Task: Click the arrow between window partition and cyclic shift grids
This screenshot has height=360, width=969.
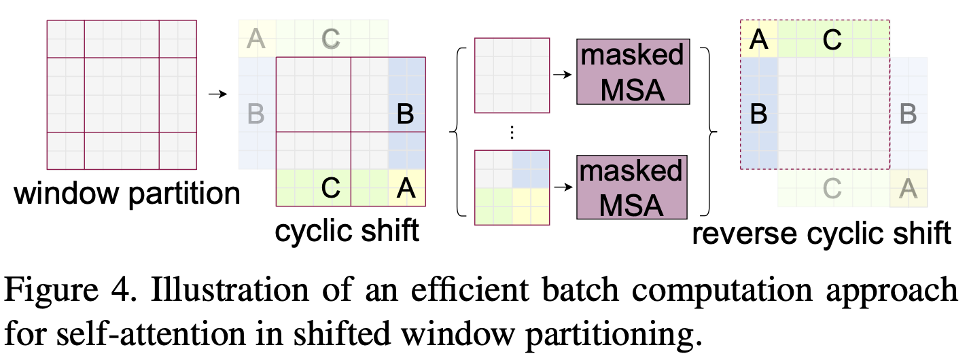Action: point(216,93)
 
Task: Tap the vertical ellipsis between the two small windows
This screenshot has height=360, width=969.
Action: point(512,133)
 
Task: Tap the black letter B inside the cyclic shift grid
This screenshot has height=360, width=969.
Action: point(406,113)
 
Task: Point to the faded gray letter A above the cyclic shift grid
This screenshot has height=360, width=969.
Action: point(256,39)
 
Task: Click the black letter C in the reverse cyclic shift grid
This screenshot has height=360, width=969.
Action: point(831,39)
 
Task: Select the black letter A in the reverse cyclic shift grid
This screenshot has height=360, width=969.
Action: point(758,39)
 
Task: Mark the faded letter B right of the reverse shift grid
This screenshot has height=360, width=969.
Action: point(908,113)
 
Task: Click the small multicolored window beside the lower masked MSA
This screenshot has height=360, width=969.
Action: point(512,187)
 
